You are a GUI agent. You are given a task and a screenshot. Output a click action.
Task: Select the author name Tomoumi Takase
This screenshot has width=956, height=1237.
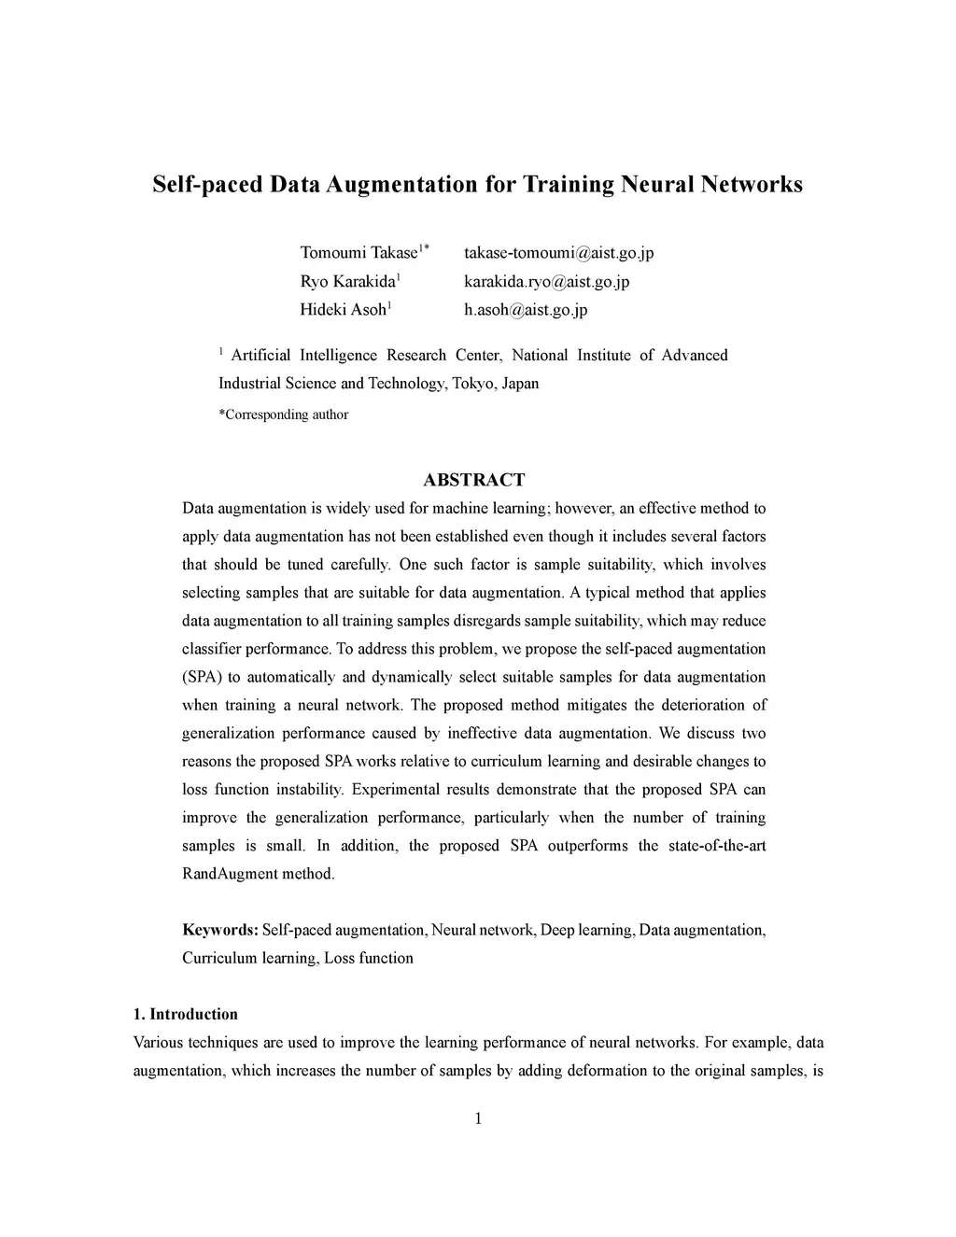[x=358, y=253]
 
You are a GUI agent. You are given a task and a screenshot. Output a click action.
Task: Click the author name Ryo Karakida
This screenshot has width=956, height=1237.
[x=347, y=282]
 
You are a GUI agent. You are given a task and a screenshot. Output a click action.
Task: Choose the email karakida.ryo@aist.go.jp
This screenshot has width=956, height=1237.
[x=546, y=282]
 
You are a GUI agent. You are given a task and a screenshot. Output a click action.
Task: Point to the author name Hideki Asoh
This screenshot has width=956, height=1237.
[x=343, y=310]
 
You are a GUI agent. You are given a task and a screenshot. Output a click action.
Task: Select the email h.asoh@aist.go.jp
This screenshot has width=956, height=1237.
[x=526, y=310]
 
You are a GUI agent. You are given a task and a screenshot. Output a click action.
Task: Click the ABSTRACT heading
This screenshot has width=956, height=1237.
[x=474, y=480]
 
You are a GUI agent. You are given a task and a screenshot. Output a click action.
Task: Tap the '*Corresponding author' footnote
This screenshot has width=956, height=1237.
[x=283, y=415]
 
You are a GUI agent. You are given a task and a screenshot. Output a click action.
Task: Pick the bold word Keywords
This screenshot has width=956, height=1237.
[x=219, y=930]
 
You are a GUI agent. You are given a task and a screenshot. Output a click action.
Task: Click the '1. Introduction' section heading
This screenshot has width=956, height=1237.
[x=186, y=1014]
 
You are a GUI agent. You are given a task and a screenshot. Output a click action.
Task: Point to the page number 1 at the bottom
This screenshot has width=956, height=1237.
[x=478, y=1119]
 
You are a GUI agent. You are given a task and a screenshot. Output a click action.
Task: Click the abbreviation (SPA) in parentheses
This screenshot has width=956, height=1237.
[x=200, y=677]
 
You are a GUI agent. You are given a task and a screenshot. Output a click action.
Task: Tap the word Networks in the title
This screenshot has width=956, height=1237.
[x=752, y=184]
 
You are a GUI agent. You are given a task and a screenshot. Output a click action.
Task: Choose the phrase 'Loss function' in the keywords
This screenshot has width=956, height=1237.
[x=369, y=958]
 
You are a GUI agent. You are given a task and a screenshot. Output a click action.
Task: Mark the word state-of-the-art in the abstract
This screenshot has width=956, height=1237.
[x=719, y=846]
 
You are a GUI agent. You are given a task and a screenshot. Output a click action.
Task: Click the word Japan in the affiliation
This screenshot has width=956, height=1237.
[x=520, y=384]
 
